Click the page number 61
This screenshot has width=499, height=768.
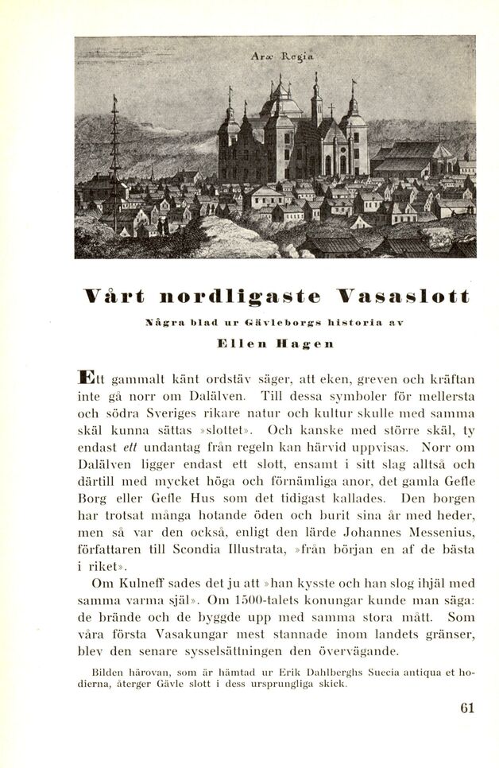click(x=466, y=708)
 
